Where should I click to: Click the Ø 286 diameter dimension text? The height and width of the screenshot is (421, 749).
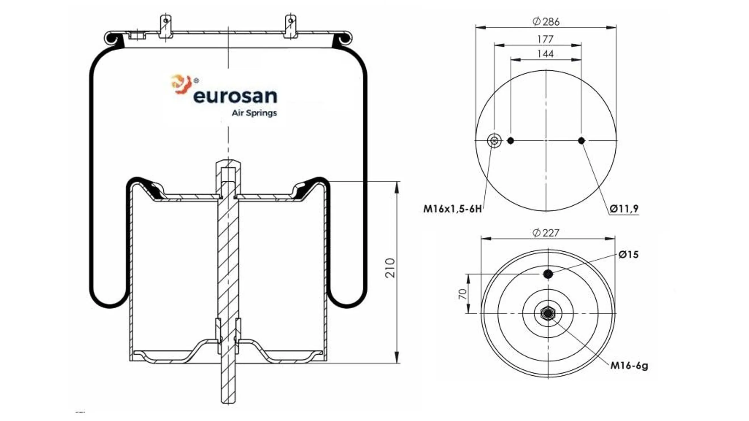click(x=546, y=22)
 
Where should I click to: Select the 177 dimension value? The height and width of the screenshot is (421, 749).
click(x=545, y=39)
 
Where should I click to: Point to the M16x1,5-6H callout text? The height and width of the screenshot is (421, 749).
click(x=452, y=209)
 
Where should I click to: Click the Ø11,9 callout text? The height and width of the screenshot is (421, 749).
click(x=624, y=209)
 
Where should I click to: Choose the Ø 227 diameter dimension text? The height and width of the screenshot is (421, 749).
click(x=546, y=233)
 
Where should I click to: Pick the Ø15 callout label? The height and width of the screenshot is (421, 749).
click(x=629, y=254)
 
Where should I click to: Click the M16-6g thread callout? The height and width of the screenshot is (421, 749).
click(x=629, y=365)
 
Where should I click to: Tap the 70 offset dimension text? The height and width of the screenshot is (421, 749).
click(x=462, y=294)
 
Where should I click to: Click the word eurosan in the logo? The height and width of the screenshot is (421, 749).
click(x=235, y=96)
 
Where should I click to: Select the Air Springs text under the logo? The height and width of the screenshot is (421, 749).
click(x=254, y=113)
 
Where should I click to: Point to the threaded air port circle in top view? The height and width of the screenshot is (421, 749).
click(x=494, y=141)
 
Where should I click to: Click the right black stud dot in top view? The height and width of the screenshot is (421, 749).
click(x=581, y=141)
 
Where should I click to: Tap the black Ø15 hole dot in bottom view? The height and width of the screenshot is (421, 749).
click(x=548, y=274)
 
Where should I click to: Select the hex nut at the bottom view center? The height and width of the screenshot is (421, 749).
click(x=548, y=313)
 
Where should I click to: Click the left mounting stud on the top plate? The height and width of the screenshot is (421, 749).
click(x=166, y=26)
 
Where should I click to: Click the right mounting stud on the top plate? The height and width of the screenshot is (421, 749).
click(x=290, y=26)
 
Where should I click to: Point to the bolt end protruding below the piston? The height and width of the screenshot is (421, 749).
click(x=228, y=386)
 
